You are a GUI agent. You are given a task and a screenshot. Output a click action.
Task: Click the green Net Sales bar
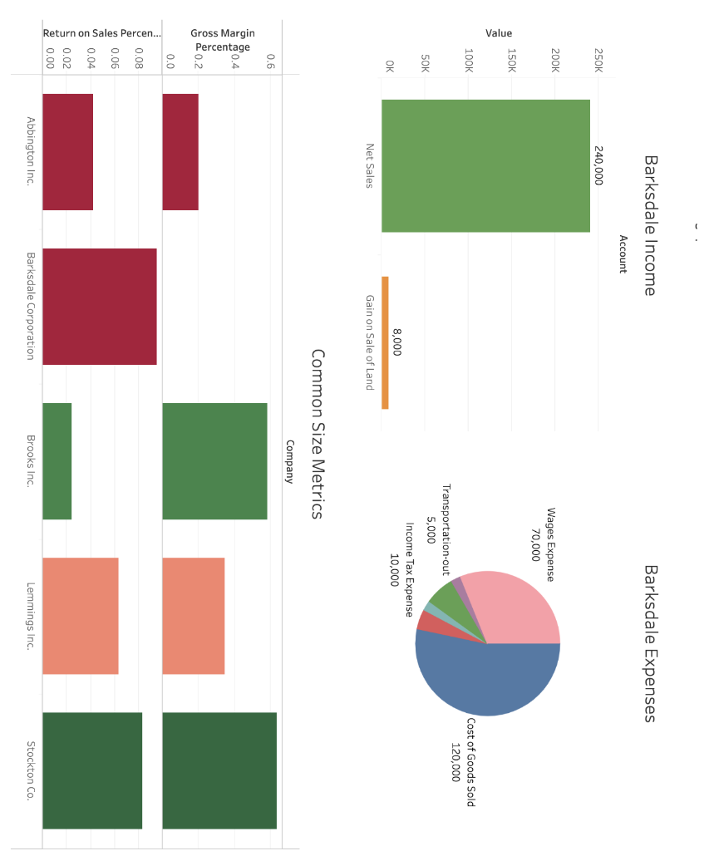[x=485, y=166]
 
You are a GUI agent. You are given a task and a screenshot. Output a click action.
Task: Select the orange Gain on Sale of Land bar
[x=385, y=342]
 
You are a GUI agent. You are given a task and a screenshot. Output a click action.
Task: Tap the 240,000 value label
[x=599, y=166]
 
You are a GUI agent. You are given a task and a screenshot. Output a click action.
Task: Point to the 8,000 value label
[x=397, y=342]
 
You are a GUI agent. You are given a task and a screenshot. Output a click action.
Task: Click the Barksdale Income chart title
[x=650, y=225]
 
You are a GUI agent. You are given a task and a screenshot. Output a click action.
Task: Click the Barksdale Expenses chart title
[x=650, y=643]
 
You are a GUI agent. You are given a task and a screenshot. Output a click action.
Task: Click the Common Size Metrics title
[x=317, y=434]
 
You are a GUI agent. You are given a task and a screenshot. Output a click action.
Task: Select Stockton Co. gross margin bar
[x=219, y=770]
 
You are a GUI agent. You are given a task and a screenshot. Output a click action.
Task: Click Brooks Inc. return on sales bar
[x=57, y=461]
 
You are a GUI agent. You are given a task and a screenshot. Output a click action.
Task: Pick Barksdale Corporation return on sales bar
[x=99, y=307]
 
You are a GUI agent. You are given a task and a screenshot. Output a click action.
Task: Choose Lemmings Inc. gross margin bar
[x=193, y=616]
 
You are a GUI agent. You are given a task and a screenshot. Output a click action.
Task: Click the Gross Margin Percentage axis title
[x=223, y=40]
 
